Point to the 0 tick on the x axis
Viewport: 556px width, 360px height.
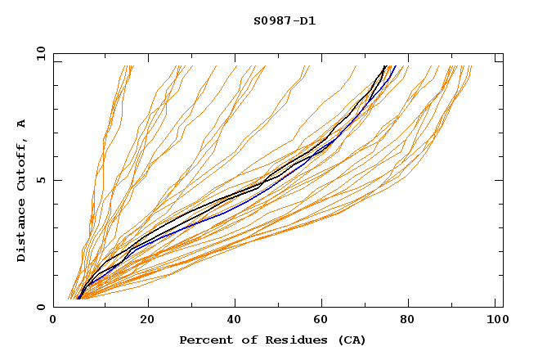point(53,321)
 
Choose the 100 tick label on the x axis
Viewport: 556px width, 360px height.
point(495,321)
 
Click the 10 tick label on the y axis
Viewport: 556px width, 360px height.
point(39,53)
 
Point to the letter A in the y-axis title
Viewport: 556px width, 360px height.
point(22,124)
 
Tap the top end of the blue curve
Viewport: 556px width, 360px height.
point(395,66)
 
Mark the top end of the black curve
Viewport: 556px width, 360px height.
point(385,66)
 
